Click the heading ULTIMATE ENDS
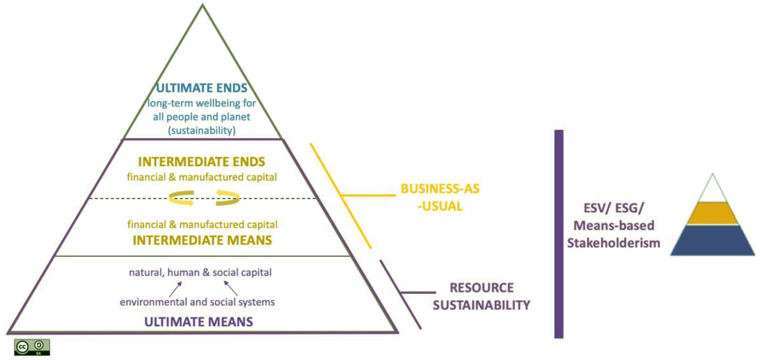click(202, 88)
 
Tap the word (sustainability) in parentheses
click(202, 130)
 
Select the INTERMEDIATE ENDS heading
click(202, 162)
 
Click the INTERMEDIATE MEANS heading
click(202, 240)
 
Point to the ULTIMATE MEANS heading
click(199, 322)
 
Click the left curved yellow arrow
click(181, 198)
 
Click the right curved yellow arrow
click(227, 198)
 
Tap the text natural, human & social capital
click(200, 272)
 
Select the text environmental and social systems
click(197, 302)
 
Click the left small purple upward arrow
click(175, 289)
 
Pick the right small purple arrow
click(231, 288)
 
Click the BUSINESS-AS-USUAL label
click(440, 197)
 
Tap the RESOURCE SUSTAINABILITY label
click(481, 296)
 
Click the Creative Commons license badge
click(32, 347)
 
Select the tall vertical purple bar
click(558, 234)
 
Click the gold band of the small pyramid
click(712, 213)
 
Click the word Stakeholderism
click(613, 243)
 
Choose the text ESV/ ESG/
click(613, 208)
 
